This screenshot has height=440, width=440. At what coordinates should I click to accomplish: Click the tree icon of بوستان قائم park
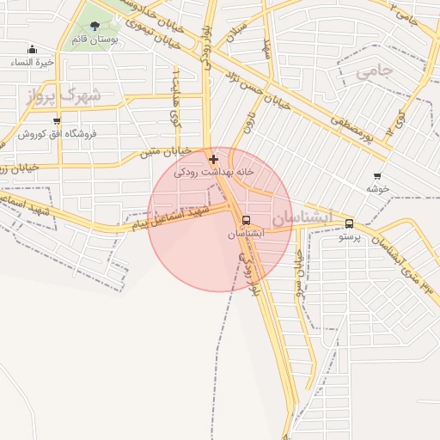(x=95, y=27)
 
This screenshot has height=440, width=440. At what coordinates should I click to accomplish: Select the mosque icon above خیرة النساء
(x=33, y=50)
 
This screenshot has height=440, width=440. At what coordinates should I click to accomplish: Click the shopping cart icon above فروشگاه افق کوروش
(x=57, y=121)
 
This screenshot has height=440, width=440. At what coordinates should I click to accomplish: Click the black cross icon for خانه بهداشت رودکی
(x=213, y=159)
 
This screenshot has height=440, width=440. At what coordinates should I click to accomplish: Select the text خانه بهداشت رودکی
(x=215, y=173)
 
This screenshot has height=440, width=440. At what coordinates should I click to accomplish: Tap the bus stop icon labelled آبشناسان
(x=247, y=220)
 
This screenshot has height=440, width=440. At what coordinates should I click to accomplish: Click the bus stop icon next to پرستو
(x=348, y=224)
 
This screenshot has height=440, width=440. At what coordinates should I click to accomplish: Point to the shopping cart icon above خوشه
(x=377, y=176)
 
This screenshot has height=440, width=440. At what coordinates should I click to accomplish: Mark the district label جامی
(x=373, y=72)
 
